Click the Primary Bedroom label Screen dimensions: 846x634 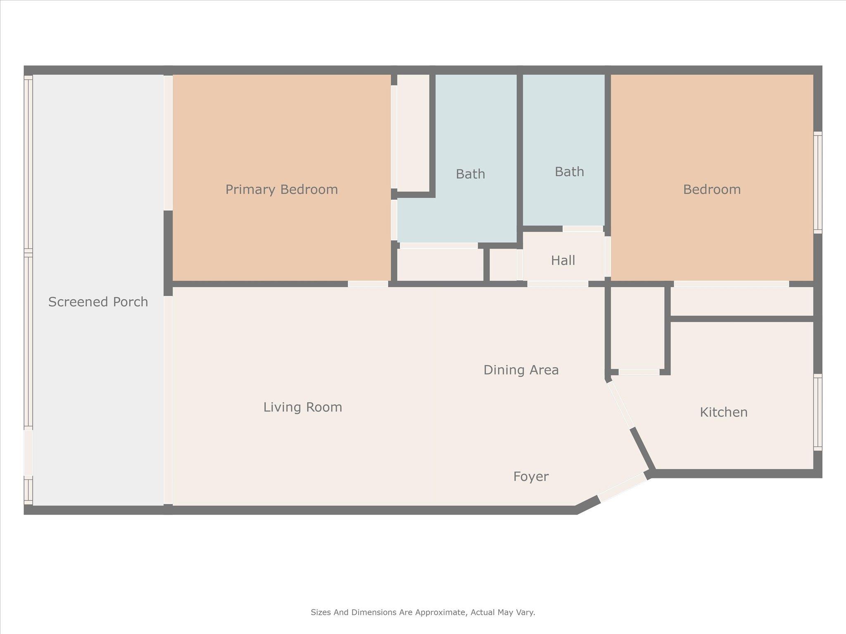[282, 189]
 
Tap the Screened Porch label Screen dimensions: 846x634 [98, 302]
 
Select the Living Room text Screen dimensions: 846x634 [303, 407]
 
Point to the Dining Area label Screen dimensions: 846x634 [521, 370]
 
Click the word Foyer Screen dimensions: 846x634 [531, 477]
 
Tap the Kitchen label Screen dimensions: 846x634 [724, 412]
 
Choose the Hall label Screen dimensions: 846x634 [563, 260]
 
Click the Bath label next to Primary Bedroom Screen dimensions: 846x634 [470, 174]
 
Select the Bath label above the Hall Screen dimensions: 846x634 [569, 172]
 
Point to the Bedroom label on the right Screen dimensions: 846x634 [712, 189]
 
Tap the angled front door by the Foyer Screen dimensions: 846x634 [623, 488]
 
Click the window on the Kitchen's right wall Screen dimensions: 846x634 [818, 412]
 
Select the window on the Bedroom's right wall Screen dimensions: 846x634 [818, 182]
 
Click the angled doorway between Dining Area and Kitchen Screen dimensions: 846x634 [620, 405]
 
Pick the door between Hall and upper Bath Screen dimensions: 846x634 [583, 228]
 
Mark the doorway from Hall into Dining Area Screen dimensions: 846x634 [558, 284]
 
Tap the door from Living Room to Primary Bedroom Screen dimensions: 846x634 [368, 284]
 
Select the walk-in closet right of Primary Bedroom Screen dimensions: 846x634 [413, 132]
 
